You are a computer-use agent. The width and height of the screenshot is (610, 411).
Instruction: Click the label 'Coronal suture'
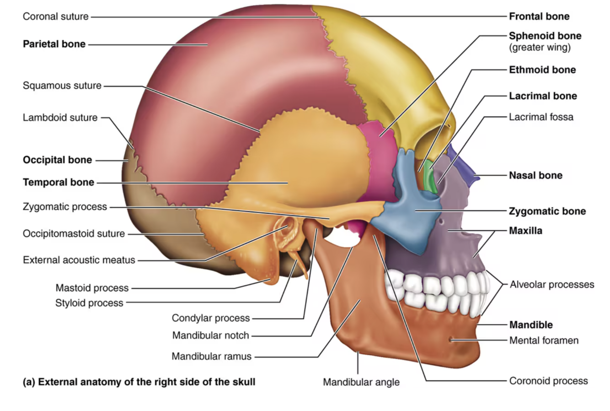[55, 16]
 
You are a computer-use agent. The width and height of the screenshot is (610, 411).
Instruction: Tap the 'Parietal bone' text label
[54, 44]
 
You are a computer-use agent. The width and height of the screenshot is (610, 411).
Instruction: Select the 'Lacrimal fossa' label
[541, 117]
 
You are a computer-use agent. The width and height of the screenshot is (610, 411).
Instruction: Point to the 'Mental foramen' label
[544, 341]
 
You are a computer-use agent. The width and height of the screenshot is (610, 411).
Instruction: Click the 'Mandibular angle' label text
[361, 382]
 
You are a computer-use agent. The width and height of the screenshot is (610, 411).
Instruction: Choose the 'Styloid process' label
[89, 303]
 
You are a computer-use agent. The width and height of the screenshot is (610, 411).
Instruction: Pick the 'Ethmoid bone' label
[542, 70]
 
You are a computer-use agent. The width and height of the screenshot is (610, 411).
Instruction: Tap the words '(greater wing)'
[540, 47]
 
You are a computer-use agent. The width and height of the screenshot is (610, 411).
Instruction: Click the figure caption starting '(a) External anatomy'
[139, 382]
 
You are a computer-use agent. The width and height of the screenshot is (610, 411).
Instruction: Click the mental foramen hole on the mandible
[451, 340]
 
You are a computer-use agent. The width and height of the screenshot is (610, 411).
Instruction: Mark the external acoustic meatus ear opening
[287, 229]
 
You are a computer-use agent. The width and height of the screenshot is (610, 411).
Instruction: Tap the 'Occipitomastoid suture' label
[74, 233]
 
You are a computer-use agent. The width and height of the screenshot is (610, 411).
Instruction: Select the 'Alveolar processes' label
[552, 285]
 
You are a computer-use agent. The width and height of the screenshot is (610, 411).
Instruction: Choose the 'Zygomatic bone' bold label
[547, 211]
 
